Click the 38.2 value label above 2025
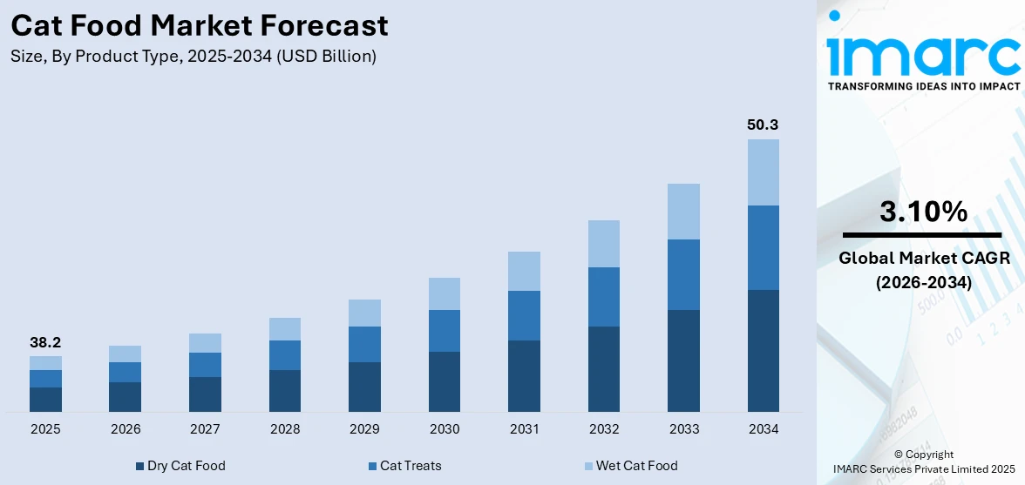click(45, 342)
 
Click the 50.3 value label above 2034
click(763, 125)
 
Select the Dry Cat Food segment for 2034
click(763, 350)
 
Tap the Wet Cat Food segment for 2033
click(683, 212)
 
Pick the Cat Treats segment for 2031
click(524, 315)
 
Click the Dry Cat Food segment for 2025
click(45, 400)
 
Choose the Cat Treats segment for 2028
click(285, 355)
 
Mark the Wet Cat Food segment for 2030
click(445, 293)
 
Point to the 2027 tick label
click(205, 429)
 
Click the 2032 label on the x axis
click(604, 429)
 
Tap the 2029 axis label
click(364, 429)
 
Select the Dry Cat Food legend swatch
click(139, 466)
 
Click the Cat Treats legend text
click(411, 466)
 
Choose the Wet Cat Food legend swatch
click(587, 466)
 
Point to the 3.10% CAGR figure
click(923, 212)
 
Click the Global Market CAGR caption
click(923, 259)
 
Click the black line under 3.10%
click(923, 235)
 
